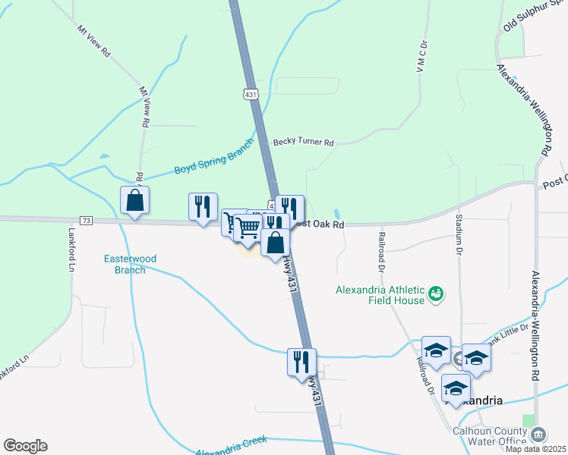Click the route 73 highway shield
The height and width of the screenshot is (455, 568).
click(x=86, y=221)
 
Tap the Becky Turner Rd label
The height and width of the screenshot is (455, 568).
click(x=304, y=142)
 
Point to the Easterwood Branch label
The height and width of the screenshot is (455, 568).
click(x=130, y=264)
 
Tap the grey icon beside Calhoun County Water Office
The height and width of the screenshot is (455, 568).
click(x=538, y=435)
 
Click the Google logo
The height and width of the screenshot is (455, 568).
click(x=25, y=446)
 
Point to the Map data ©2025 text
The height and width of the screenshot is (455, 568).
click(x=535, y=449)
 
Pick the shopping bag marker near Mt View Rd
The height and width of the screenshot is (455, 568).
click(x=134, y=201)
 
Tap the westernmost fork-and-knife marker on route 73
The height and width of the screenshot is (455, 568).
click(x=203, y=207)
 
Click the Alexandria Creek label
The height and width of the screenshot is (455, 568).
click(x=232, y=447)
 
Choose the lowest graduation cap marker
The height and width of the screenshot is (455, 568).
click(x=456, y=388)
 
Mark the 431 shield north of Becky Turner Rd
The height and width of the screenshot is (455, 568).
click(x=251, y=94)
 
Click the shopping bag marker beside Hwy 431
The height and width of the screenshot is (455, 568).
click(x=275, y=243)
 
